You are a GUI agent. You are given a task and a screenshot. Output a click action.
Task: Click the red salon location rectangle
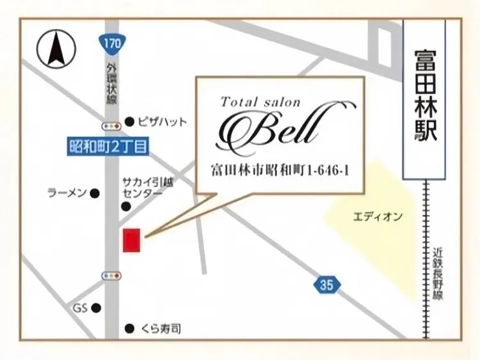[x=131, y=239]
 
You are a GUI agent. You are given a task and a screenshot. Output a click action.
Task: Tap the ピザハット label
[x=164, y=121]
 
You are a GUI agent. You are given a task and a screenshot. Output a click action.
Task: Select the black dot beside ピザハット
[x=129, y=121]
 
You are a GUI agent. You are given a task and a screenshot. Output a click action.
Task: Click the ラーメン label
[x=67, y=192]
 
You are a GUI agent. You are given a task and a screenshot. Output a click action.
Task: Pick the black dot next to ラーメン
[x=95, y=192]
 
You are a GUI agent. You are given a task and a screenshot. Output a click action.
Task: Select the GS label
[x=79, y=308]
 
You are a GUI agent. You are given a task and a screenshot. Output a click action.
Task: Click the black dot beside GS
[x=96, y=308]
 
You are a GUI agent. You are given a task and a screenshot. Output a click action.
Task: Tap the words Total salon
[x=260, y=102]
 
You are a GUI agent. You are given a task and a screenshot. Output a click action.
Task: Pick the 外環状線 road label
[x=113, y=83]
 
